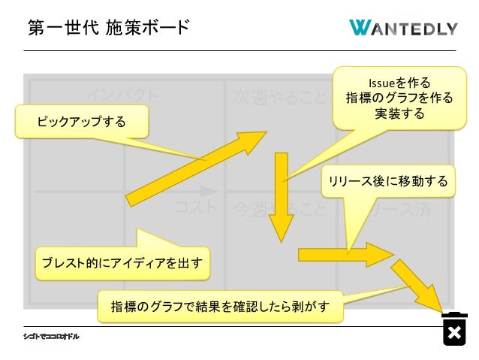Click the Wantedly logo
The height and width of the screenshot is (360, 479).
pyautogui.click(x=403, y=28)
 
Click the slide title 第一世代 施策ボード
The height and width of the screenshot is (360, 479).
pyautogui.click(x=108, y=28)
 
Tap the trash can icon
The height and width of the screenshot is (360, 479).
pyautogui.click(x=454, y=328)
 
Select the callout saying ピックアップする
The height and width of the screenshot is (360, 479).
pyautogui.click(x=82, y=121)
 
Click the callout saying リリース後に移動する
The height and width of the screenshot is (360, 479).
pyautogui.click(x=387, y=181)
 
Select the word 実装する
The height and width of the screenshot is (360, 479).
pyautogui.click(x=399, y=114)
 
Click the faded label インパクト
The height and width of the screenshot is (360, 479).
pyautogui.click(x=122, y=95)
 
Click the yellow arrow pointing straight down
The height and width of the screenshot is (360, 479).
pyautogui.click(x=282, y=197)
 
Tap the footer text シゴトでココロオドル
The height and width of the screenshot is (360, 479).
pyautogui.click(x=51, y=336)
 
